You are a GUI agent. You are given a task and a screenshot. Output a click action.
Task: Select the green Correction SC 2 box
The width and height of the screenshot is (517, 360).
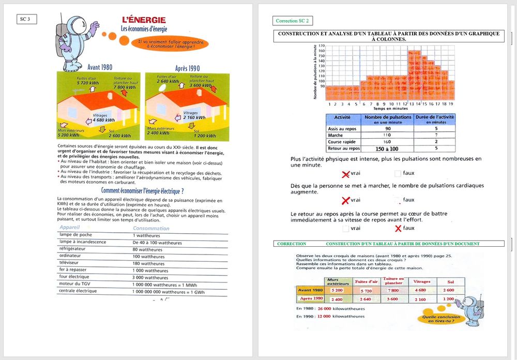(x=293, y=21)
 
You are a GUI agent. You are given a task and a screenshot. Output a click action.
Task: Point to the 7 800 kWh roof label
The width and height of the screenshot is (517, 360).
(x=124, y=87)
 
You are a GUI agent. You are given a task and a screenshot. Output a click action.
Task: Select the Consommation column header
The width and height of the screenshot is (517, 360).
(x=151, y=228)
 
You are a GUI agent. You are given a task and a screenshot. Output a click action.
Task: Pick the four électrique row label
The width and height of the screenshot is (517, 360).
(x=75, y=277)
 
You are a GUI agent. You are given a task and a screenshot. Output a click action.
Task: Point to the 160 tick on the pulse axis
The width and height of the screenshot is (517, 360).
(x=322, y=50)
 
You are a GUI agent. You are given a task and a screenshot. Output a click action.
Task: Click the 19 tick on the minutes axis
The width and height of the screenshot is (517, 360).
(x=451, y=104)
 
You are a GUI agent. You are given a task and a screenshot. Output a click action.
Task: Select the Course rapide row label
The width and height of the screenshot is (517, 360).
(x=342, y=142)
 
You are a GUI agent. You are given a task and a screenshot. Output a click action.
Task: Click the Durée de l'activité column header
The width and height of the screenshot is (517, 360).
(x=436, y=119)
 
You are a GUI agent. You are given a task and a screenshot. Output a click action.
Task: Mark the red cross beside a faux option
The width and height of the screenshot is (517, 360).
(x=398, y=228)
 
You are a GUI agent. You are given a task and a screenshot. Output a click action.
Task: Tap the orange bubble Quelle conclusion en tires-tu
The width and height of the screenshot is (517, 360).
(x=439, y=318)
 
